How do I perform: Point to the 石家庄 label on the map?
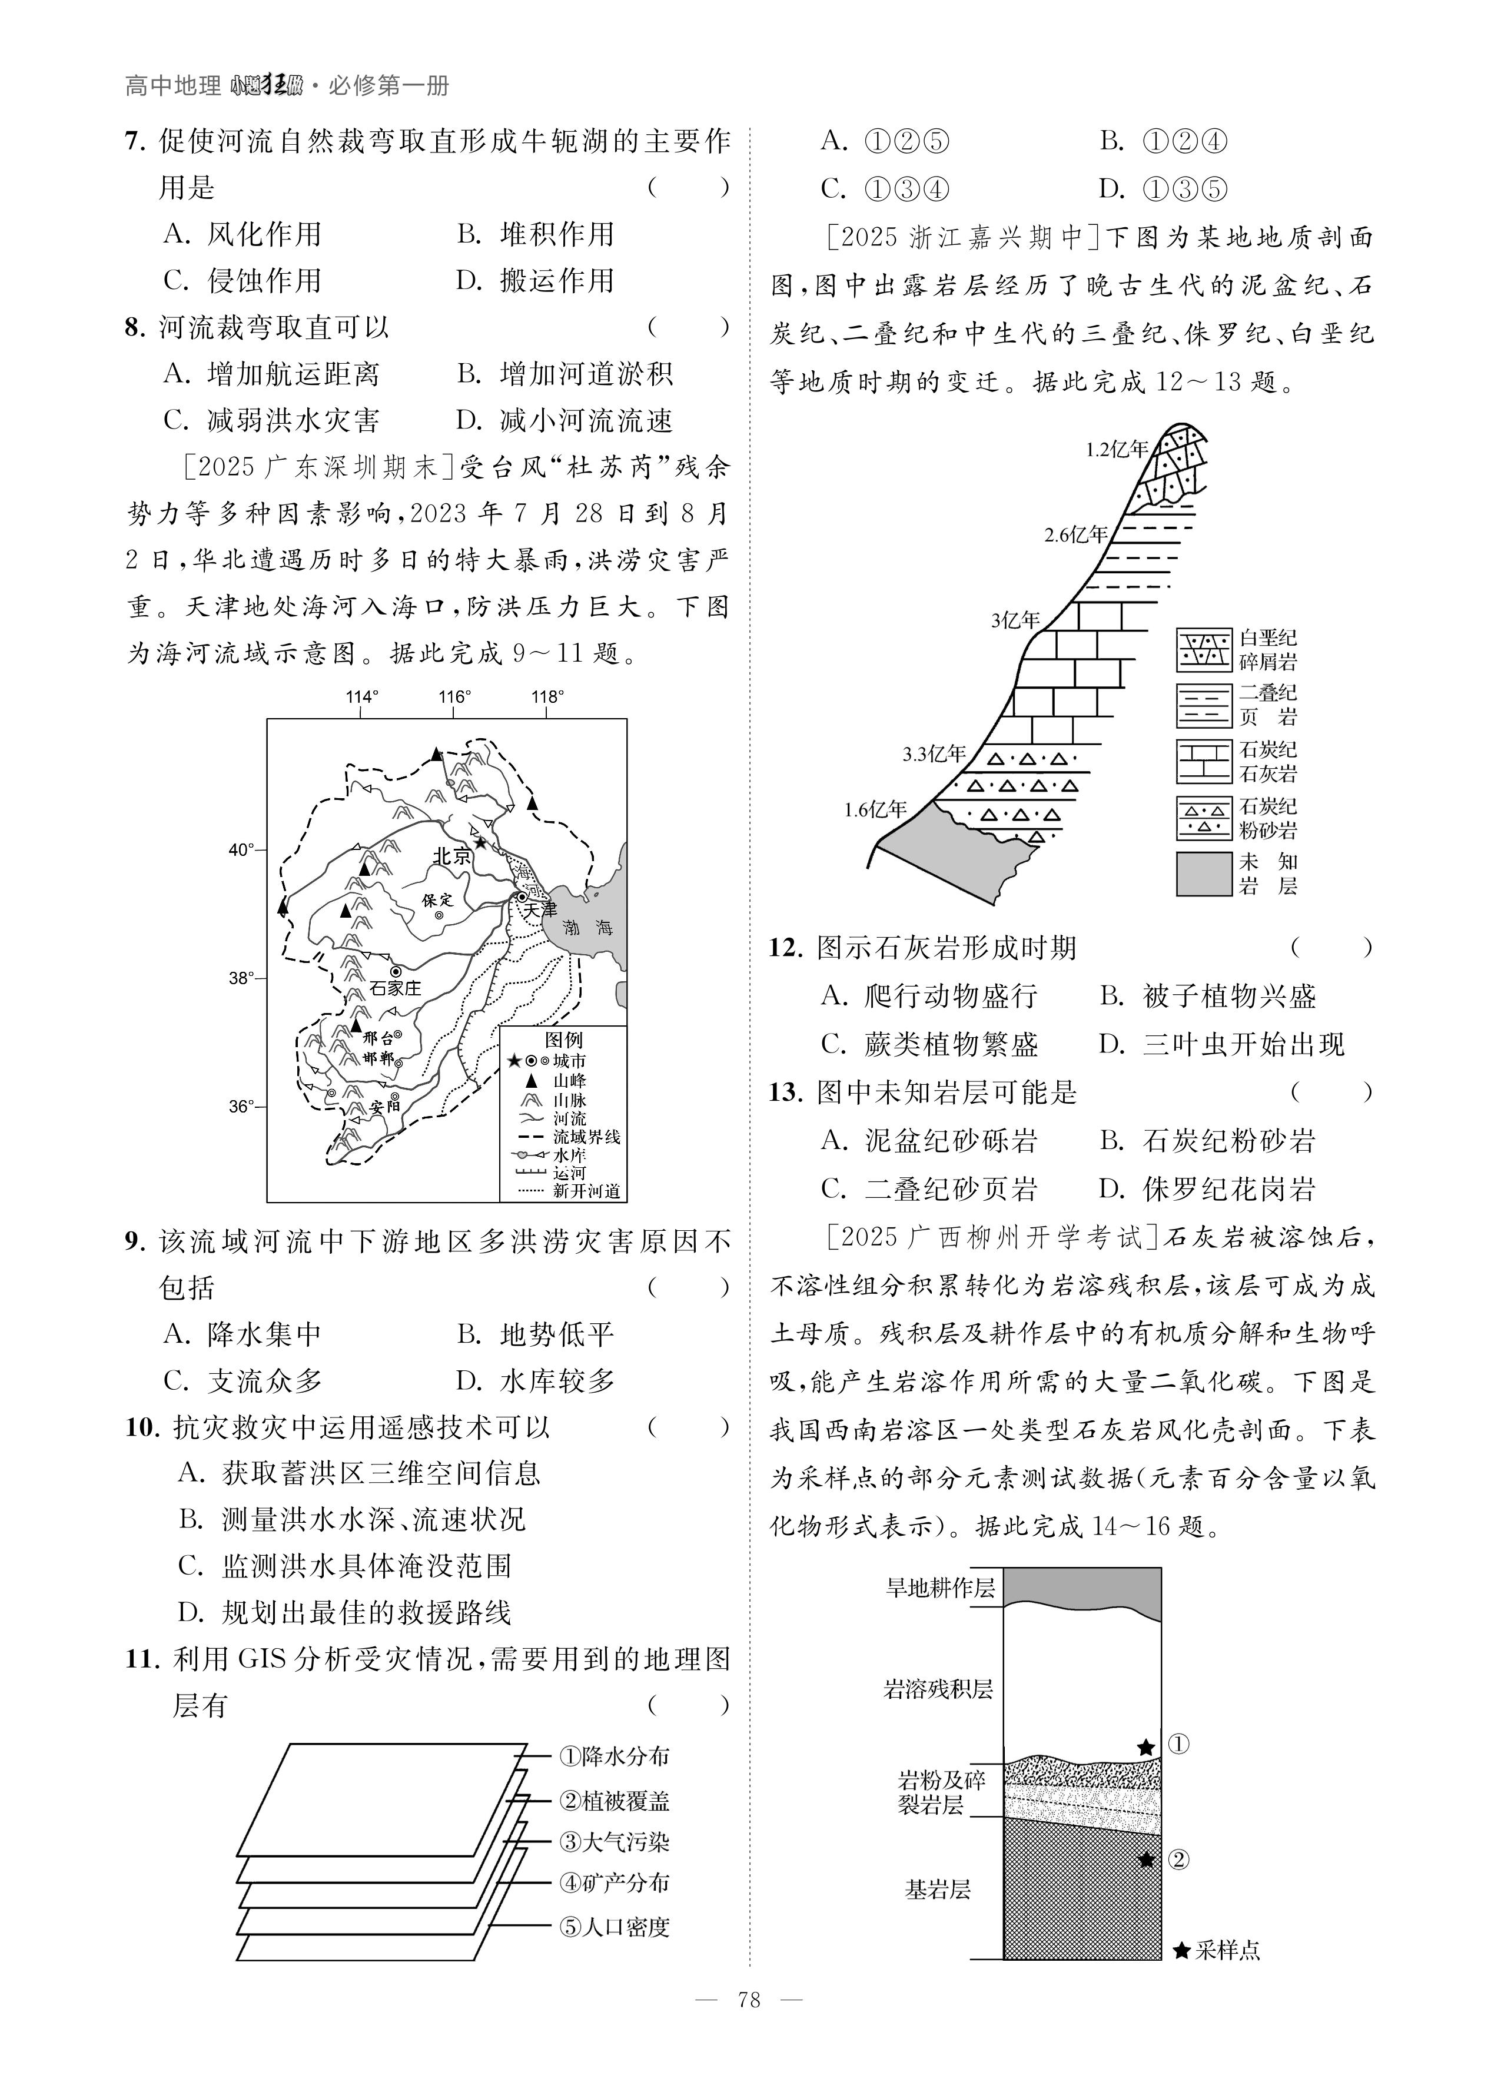395,988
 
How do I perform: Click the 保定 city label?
437,899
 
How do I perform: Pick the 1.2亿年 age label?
1116,450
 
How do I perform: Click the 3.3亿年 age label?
934,755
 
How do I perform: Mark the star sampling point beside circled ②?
1147,1859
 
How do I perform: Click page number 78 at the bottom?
749,2025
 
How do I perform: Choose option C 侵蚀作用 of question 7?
243,280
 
